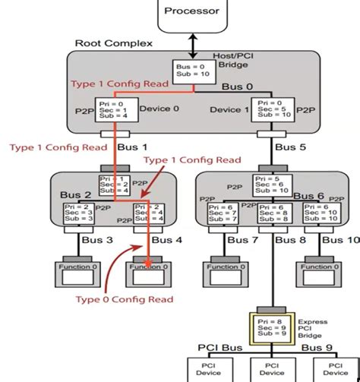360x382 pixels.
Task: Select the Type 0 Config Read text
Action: [124, 299]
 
